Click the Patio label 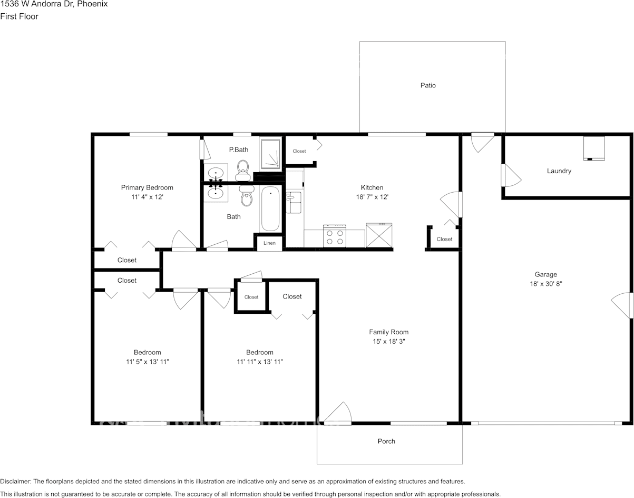tap(428, 85)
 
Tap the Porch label tap(386, 441)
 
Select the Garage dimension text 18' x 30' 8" tap(546, 284)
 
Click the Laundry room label tap(559, 171)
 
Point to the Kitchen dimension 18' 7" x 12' tap(372, 197)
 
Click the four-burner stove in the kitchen tap(335, 236)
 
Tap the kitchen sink tap(294, 203)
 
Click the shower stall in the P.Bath tap(270, 154)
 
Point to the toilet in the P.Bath tap(243, 171)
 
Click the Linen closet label tap(269, 243)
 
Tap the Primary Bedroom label tap(147, 188)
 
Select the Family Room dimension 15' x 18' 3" tap(389, 342)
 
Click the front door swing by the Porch tap(338, 413)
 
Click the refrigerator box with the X tap(379, 235)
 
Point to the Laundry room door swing tap(511, 175)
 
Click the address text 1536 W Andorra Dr tap(37, 4)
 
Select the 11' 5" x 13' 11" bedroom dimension tap(148, 362)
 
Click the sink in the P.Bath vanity tap(216, 172)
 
